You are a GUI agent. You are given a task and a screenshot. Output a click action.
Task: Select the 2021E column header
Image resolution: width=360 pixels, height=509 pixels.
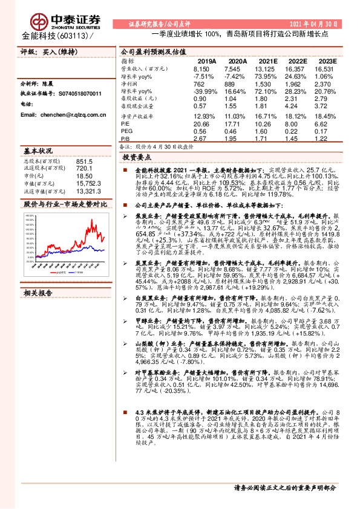pos(267,61)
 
